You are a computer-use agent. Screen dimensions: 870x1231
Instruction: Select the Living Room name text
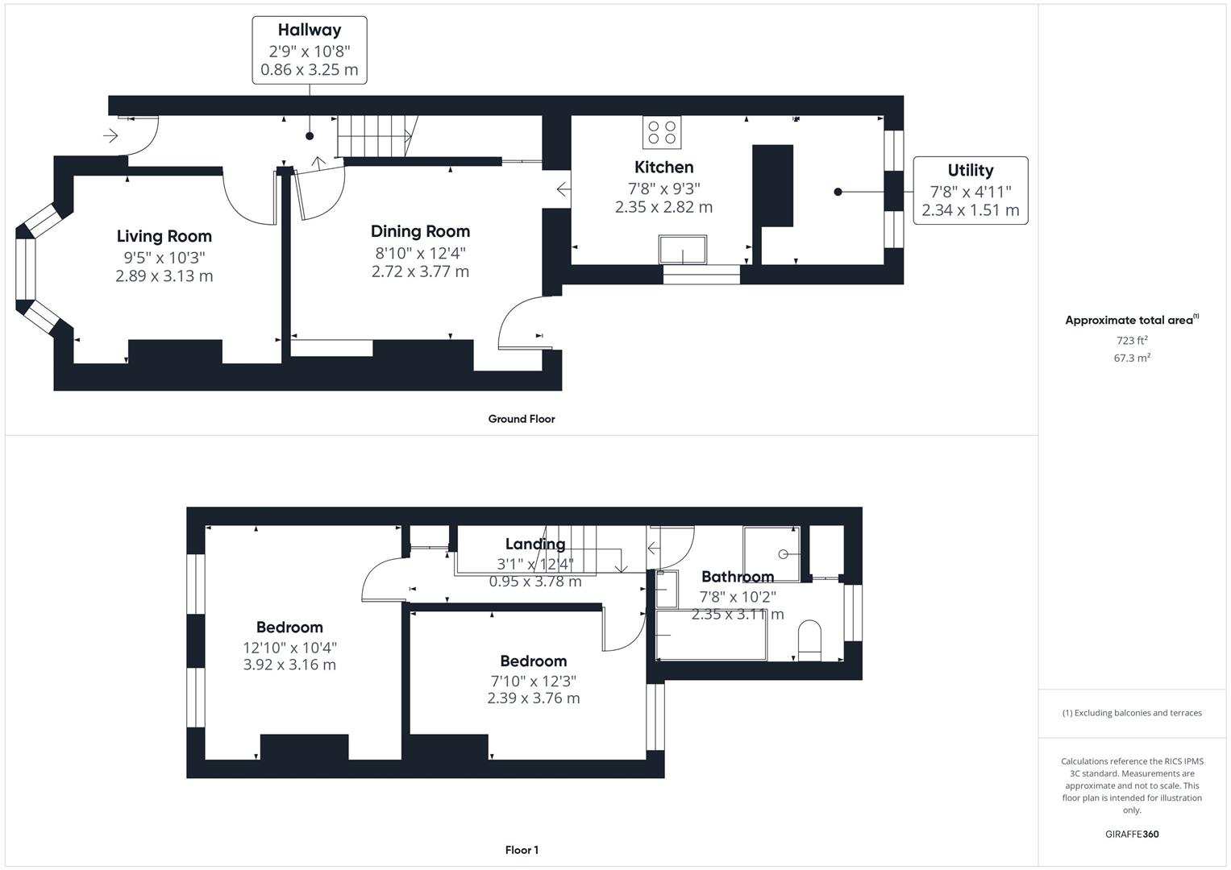click(x=164, y=236)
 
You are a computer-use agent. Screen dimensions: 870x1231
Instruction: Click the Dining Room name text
click(x=420, y=232)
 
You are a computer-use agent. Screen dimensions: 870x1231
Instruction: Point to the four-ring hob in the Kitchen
click(x=662, y=132)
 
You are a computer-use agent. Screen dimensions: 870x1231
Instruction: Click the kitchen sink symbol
click(x=683, y=250)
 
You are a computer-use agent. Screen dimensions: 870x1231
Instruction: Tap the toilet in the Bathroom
click(x=809, y=640)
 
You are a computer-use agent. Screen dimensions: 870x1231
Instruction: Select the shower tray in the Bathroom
click(x=771, y=553)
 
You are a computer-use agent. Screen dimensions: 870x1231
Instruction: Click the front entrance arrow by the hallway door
click(x=110, y=136)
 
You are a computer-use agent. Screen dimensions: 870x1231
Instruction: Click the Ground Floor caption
click(x=522, y=419)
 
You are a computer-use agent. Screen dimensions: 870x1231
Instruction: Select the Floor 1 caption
click(x=522, y=850)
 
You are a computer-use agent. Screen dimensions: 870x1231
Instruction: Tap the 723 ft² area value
click(x=1132, y=341)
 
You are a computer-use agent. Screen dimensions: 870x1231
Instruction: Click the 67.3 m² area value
click(x=1132, y=358)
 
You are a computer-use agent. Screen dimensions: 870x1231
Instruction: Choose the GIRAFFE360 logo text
click(x=1132, y=834)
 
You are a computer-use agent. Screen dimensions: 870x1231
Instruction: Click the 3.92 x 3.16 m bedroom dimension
click(x=289, y=665)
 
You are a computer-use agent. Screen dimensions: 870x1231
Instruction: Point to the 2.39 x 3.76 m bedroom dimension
click(x=533, y=698)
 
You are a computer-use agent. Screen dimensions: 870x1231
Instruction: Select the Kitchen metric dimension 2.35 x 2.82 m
click(x=663, y=207)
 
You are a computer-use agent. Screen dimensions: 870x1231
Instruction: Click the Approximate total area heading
click(x=1130, y=321)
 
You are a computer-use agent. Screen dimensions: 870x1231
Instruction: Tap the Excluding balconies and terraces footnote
click(x=1132, y=713)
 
